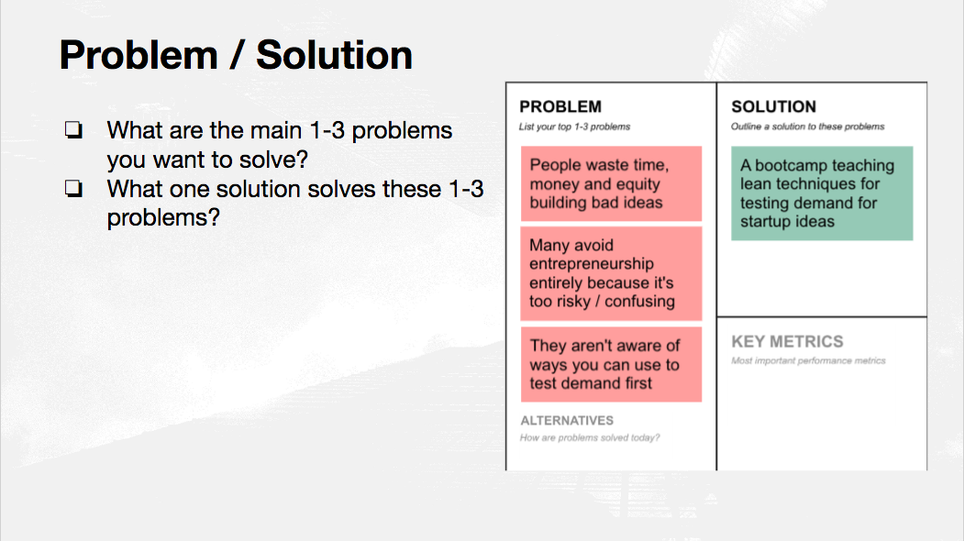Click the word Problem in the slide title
point(139,55)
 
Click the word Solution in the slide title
point(335,55)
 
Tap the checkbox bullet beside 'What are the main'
point(73,129)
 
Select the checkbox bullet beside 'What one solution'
point(73,188)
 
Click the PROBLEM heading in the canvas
point(560,107)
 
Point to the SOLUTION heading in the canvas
point(774,107)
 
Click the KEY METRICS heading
point(788,342)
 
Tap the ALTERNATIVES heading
point(567,421)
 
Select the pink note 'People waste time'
point(611,183)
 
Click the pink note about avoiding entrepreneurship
point(611,273)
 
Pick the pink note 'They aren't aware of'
point(611,364)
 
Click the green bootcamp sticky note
point(822,193)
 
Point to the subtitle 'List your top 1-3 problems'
point(575,127)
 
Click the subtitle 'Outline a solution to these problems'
point(808,127)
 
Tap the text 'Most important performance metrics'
point(808,361)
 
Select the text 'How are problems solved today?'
point(590,437)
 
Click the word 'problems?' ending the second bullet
point(163,218)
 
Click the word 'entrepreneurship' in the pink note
point(592,264)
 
